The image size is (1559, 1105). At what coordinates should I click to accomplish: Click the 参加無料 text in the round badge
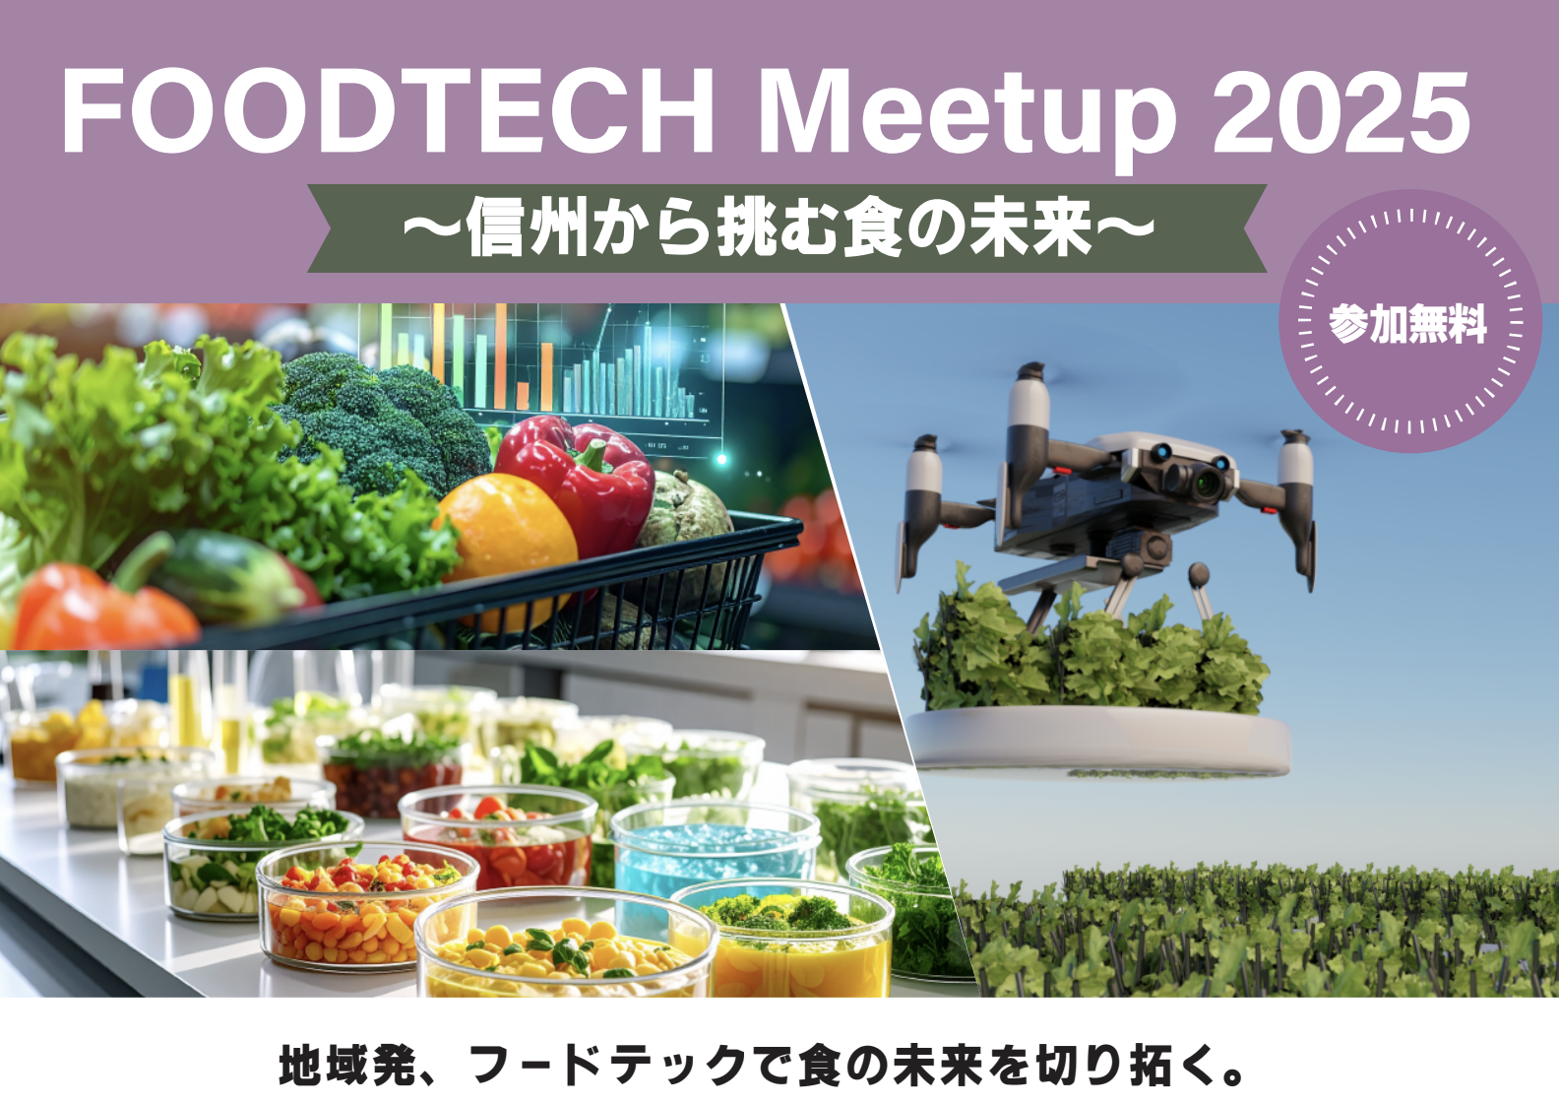click(x=1408, y=324)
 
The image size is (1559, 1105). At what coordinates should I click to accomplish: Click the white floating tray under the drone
click(x=1099, y=742)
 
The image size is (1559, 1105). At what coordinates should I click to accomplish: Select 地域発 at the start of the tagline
click(x=347, y=1066)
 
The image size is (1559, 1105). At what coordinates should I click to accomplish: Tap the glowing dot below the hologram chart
click(x=721, y=460)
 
